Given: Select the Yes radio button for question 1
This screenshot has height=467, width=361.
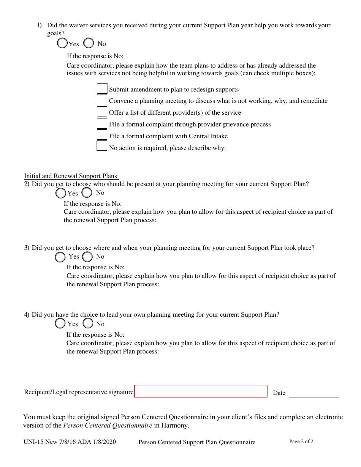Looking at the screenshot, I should tap(62, 44).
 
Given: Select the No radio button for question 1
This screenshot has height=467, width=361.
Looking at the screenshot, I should tap(89, 43).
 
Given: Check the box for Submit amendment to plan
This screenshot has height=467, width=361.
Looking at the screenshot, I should tap(102, 89).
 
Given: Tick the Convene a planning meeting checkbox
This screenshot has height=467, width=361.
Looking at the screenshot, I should tap(102, 100).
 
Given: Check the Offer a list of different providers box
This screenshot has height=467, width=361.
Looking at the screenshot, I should tap(102, 112).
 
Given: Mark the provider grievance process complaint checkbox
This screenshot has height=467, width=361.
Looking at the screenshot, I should tap(102, 124).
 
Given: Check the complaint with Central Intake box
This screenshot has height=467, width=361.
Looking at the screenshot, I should tap(102, 135).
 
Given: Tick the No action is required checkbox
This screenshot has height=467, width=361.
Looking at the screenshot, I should tap(102, 147).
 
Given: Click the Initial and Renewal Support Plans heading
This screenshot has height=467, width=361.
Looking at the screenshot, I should tap(71, 176).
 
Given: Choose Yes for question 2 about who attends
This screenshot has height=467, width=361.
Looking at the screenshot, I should tap(61, 193).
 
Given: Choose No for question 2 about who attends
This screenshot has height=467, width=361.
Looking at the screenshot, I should tap(87, 193).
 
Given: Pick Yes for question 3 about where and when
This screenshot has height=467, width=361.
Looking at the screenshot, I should tap(60, 257).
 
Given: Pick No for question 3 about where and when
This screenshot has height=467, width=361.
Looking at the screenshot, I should tap(87, 257).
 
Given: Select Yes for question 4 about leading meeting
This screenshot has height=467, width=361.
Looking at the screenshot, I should tap(60, 323).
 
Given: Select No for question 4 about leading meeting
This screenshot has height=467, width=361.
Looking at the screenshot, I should tap(88, 323).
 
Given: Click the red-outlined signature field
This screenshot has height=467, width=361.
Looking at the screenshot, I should tap(201, 391).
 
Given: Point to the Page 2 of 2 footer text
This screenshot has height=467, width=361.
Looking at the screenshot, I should tap(301, 442).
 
